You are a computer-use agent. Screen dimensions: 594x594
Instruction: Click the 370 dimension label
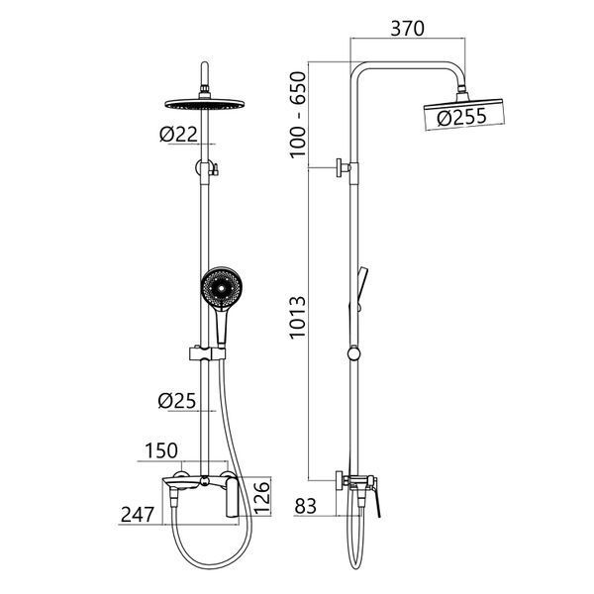point(407,29)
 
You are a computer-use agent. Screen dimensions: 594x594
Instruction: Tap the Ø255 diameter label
point(461,117)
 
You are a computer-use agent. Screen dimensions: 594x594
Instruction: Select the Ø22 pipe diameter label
point(179,134)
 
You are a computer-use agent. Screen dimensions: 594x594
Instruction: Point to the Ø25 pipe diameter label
point(177,401)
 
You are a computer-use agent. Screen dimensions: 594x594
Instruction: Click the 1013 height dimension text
point(298,318)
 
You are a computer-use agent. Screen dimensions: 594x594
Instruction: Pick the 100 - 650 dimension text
point(298,115)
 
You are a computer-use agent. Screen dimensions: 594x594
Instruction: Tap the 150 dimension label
point(161,450)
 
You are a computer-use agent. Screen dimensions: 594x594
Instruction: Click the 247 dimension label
point(138,515)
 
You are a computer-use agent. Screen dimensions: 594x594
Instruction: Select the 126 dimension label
point(262,497)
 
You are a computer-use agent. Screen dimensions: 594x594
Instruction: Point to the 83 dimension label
point(305,506)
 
